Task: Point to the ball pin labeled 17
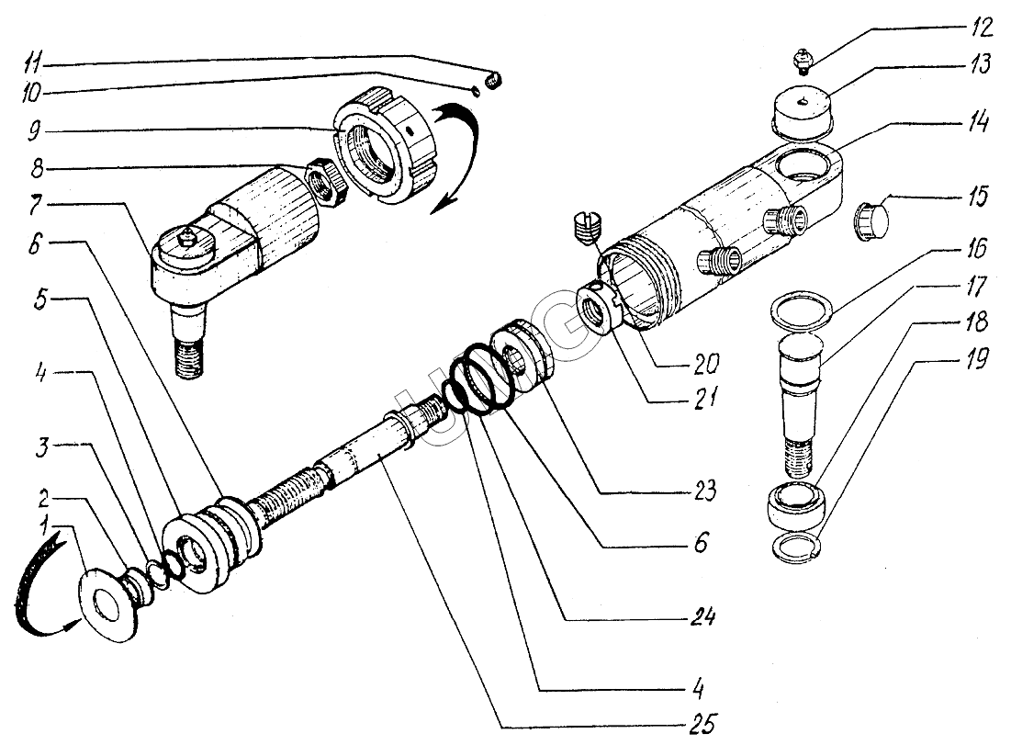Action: tap(801, 395)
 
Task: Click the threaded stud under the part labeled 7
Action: tap(192, 353)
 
